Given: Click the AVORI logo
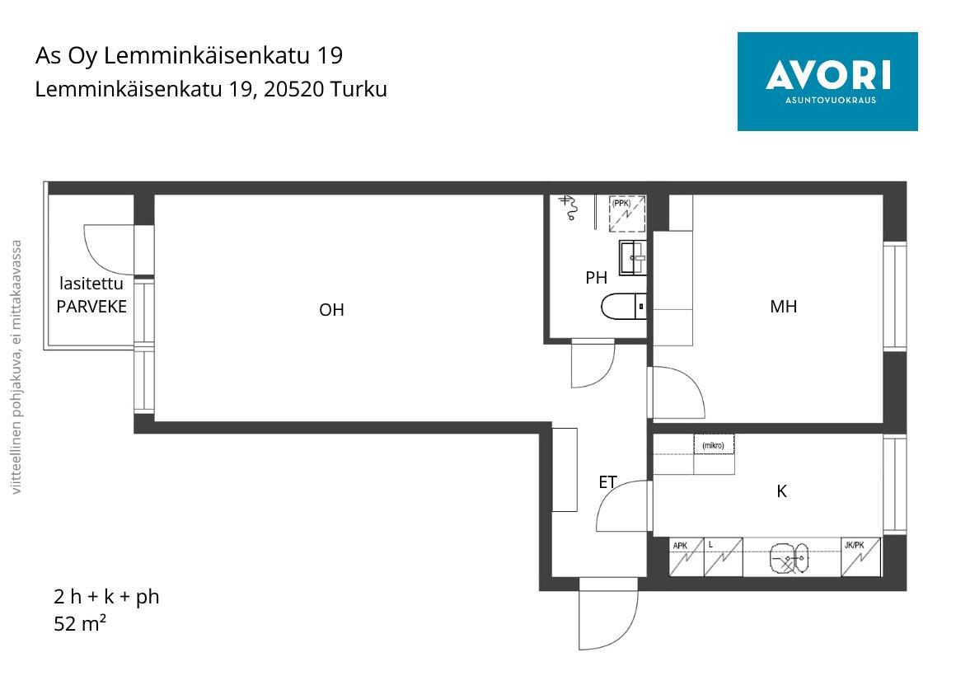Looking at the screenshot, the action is tap(827, 81).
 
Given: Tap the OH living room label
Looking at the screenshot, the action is tap(331, 310).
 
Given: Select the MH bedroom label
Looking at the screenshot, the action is tap(784, 307).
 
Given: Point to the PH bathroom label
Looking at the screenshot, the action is tap(597, 278).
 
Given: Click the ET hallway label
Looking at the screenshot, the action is tap(608, 482).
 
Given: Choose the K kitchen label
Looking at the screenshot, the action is tap(781, 491).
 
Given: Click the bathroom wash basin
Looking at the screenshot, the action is tap(633, 257).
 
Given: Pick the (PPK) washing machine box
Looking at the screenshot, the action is tap(627, 214).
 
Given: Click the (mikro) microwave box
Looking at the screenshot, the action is tap(714, 444).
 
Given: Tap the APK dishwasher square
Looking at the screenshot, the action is tap(687, 556).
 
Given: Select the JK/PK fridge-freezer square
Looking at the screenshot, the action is tap(861, 556).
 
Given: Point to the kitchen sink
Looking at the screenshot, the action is tap(789, 558).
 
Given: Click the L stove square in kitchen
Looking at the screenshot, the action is tap(723, 556).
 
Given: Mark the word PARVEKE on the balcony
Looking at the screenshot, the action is tap(91, 307).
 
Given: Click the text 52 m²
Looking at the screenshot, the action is tap(80, 623).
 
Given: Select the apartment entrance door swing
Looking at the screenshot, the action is tap(608, 614).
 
